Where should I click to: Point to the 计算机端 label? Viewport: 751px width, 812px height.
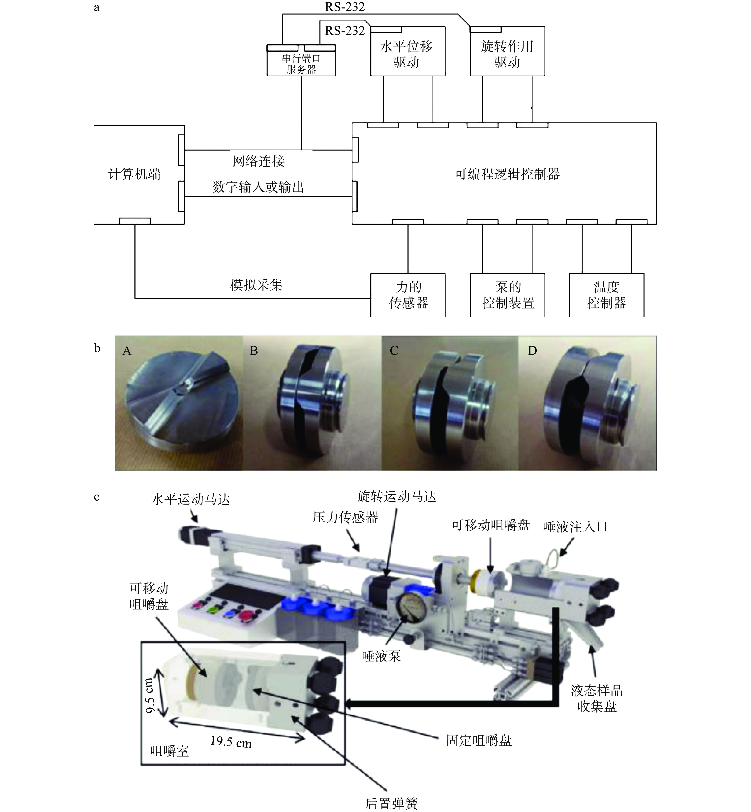coord(134,174)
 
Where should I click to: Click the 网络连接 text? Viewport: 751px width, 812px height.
coord(258,161)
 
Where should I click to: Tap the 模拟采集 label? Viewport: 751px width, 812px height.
coord(256,285)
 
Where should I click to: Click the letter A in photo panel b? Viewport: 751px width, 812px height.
coord(127,351)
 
